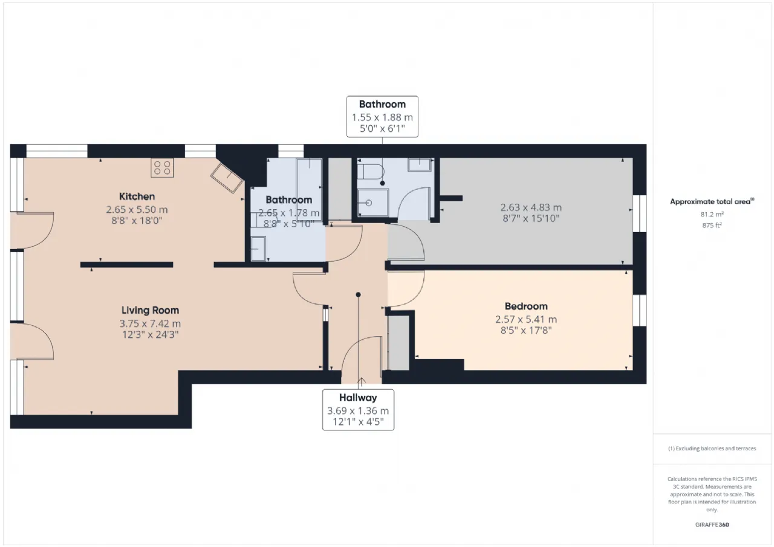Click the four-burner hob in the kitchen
tap(162, 167)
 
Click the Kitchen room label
tap(137, 196)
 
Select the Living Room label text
tap(150, 311)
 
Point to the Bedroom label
tap(525, 306)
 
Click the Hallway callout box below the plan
tap(358, 410)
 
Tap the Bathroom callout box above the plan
tap(382, 116)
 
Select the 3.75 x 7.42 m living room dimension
tap(150, 323)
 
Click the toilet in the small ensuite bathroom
tap(370, 172)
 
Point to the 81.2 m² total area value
tap(712, 214)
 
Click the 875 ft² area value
tap(712, 225)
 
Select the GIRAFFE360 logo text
tap(712, 525)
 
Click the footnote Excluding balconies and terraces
tap(712, 448)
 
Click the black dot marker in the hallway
tap(358, 294)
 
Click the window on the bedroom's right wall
tap(639, 310)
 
